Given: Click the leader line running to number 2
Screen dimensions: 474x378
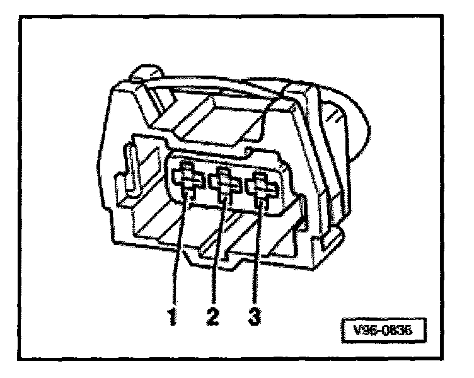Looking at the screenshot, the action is pos(217,252).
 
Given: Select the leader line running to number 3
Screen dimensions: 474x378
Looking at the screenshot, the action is pos(256,252).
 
